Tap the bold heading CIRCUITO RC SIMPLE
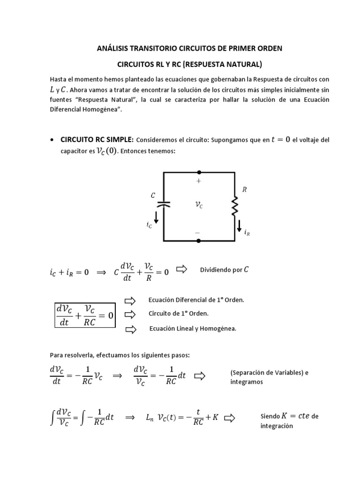click(x=97, y=140)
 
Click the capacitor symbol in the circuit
click(x=163, y=204)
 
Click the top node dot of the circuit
click(x=199, y=172)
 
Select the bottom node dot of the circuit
click(x=199, y=241)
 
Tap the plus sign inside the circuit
click(x=199, y=181)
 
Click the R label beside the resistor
click(x=244, y=190)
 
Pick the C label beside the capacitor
click(x=153, y=194)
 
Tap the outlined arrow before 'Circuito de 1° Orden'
click(x=130, y=314)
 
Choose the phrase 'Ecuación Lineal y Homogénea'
click(x=193, y=329)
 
